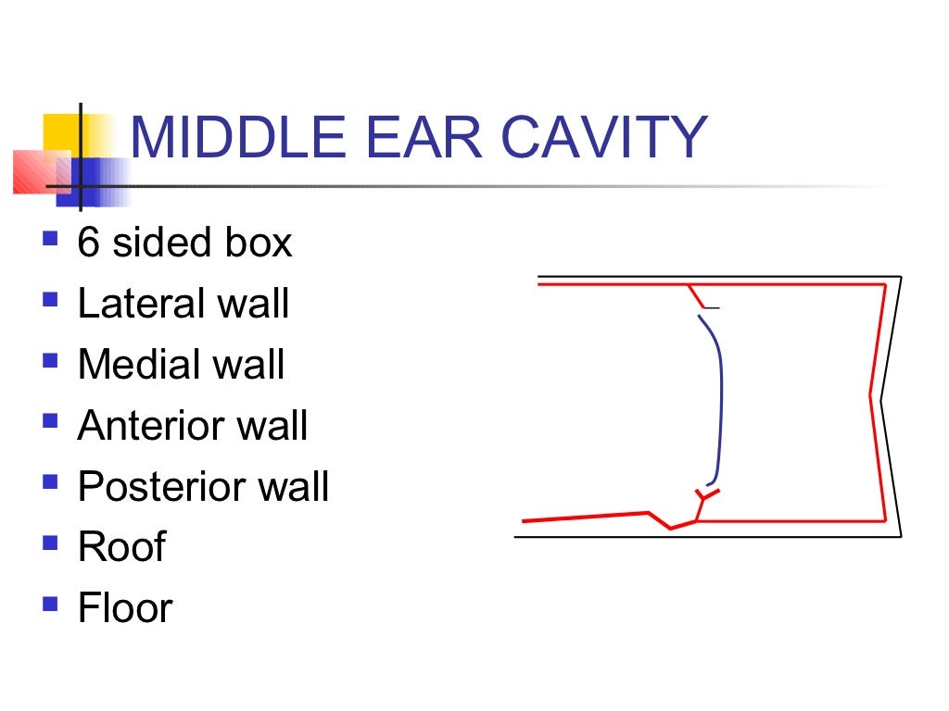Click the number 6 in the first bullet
[88, 243]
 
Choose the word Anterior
[150, 425]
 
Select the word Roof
[121, 546]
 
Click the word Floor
[125, 607]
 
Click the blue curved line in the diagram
[720, 398]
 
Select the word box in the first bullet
[258, 243]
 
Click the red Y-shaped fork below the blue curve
[704, 501]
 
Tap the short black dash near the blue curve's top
[712, 306]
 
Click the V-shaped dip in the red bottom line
[669, 526]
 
